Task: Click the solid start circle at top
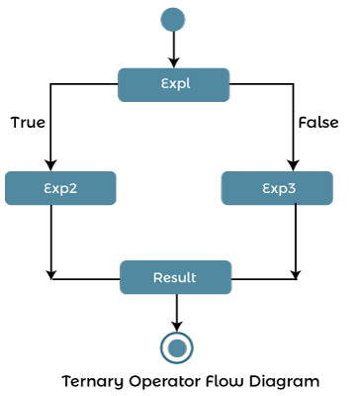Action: (173, 20)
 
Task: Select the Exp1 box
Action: (174, 84)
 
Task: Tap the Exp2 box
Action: (60, 188)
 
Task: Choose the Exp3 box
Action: (277, 188)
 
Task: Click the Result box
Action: (175, 277)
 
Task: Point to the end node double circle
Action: (176, 346)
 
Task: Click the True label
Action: (28, 123)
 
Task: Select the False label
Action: (318, 123)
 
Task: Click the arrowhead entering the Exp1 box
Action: (174, 60)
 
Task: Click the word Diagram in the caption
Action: (288, 381)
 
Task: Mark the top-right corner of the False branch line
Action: (293, 85)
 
